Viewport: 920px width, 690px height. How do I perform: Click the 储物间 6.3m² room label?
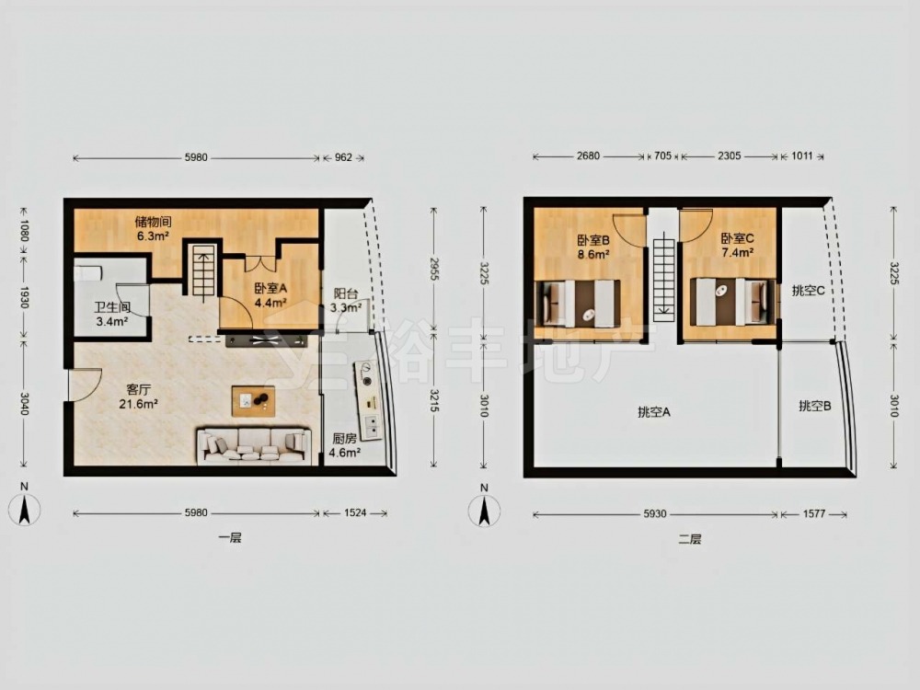tap(153, 229)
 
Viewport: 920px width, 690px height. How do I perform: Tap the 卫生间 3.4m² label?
tap(112, 315)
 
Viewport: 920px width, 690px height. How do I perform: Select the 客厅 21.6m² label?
tap(139, 397)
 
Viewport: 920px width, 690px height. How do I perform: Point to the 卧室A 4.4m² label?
tap(270, 295)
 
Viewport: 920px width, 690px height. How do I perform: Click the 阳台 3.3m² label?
tap(345, 301)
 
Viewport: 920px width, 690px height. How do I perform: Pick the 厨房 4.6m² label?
tap(344, 445)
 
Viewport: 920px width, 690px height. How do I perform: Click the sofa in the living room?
tap(254, 446)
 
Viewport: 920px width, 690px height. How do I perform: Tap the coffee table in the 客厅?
tap(253, 401)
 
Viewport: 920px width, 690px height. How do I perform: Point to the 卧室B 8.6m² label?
tap(592, 247)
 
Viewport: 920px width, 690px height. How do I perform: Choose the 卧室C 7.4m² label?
tap(737, 246)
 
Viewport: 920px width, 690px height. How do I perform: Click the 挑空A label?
tap(653, 412)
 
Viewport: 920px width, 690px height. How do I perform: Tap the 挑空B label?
tap(814, 406)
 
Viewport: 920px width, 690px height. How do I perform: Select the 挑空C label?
tap(808, 291)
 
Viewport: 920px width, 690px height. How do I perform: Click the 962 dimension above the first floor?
tap(343, 157)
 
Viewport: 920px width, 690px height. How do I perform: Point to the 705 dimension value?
tap(661, 156)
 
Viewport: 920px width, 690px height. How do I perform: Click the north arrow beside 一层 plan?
tap(24, 508)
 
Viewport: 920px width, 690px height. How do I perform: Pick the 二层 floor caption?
tap(690, 539)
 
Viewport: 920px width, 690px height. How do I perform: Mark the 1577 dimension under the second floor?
tap(814, 514)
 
